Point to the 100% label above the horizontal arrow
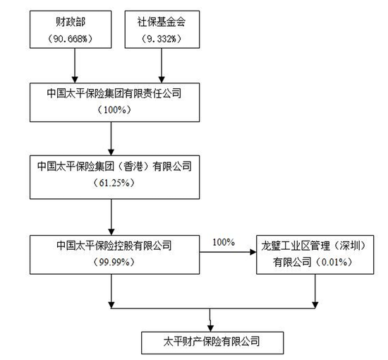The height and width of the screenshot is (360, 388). tap(222, 243)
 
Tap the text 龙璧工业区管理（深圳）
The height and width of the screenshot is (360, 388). tap(315, 245)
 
